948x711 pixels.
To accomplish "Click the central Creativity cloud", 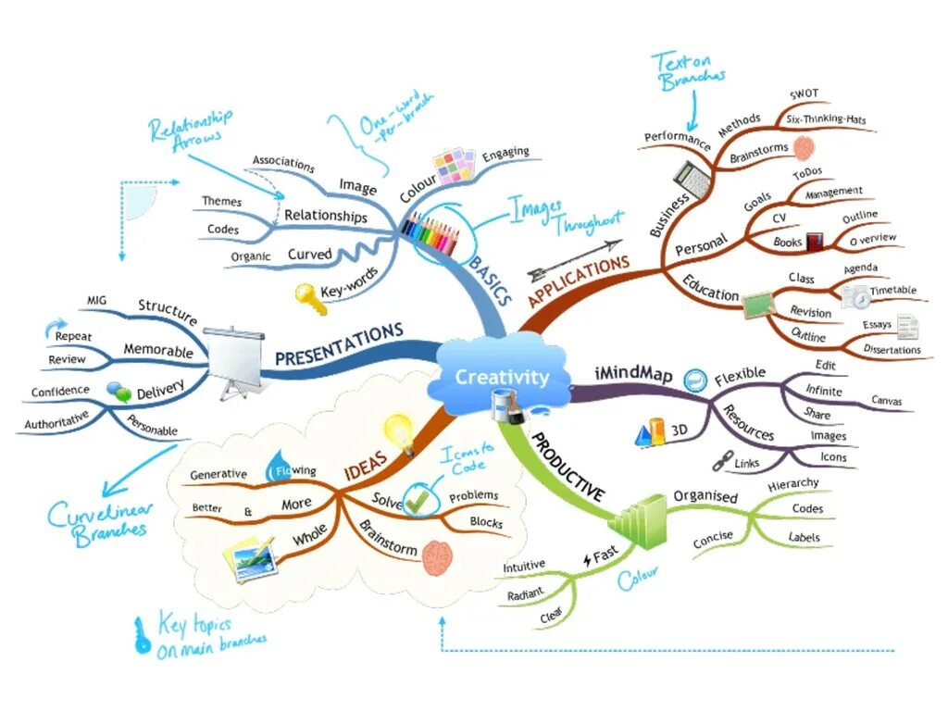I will pyautogui.click(x=501, y=376).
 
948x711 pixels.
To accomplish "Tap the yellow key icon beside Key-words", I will pyautogui.click(x=306, y=295).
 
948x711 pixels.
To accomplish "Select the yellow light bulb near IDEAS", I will pyautogui.click(x=398, y=430).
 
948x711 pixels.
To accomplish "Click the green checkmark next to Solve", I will pyautogui.click(x=418, y=499).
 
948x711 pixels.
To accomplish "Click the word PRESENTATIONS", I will pyautogui.click(x=339, y=343).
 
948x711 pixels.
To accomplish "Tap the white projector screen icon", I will pyautogui.click(x=232, y=360).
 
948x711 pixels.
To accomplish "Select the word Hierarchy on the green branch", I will pyautogui.click(x=793, y=483).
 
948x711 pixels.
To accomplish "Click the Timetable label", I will pyautogui.click(x=892, y=290).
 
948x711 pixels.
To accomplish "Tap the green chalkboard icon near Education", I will pyautogui.click(x=757, y=303).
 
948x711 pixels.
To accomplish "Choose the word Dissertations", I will pyautogui.click(x=892, y=350).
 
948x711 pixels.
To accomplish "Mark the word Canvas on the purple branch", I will pyautogui.click(x=886, y=402).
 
